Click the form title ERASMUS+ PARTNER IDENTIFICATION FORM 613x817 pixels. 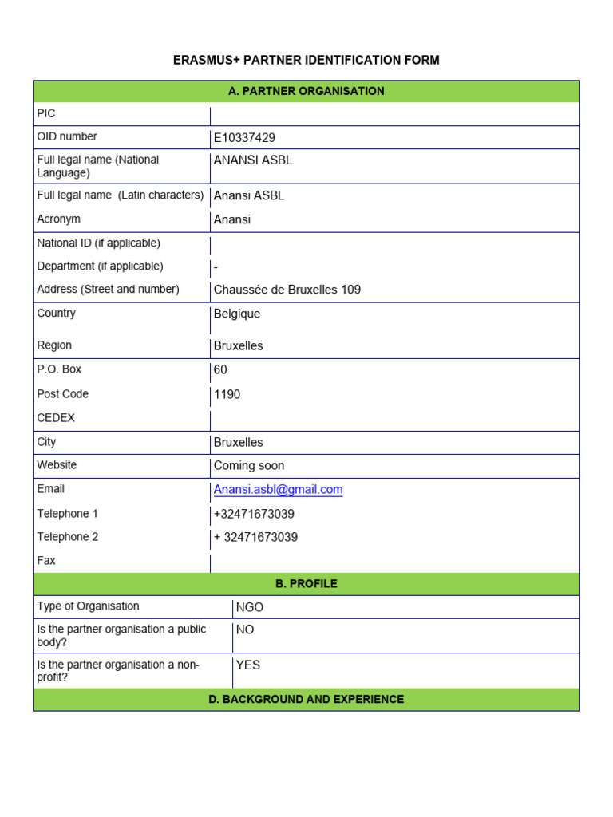pyautogui.click(x=306, y=61)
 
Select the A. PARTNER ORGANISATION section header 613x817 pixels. pyautogui.click(x=306, y=91)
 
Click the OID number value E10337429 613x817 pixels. pyautogui.click(x=244, y=138)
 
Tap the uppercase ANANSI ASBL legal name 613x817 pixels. pyautogui.click(x=252, y=160)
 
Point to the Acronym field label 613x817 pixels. pyautogui.click(x=58, y=219)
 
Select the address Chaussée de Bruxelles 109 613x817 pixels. pyautogui.click(x=287, y=290)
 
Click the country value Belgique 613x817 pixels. pyautogui.click(x=236, y=314)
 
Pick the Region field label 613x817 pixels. pyautogui.click(x=54, y=345)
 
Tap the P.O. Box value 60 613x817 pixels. pyautogui.click(x=220, y=370)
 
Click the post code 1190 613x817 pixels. pyautogui.click(x=227, y=394)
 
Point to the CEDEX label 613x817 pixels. pyautogui.click(x=56, y=418)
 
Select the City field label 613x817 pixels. pyautogui.click(x=46, y=442)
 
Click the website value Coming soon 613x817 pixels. pyautogui.click(x=248, y=466)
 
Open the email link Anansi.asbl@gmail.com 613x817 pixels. pyautogui.click(x=278, y=490)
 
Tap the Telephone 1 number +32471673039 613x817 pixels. pyautogui.click(x=254, y=514)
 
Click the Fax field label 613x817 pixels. pyautogui.click(x=46, y=561)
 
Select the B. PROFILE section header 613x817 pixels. pyautogui.click(x=306, y=584)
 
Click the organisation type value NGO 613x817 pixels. pyautogui.click(x=249, y=607)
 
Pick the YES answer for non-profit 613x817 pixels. pyautogui.click(x=247, y=665)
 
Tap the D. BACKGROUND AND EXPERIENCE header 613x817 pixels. pyautogui.click(x=306, y=700)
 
